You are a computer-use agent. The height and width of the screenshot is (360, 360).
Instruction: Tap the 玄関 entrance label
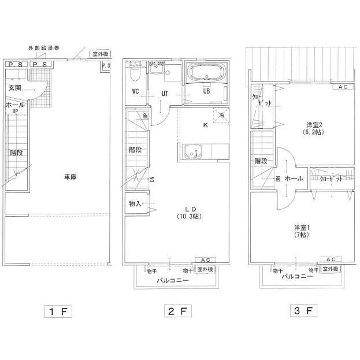pyautogui.click(x=15, y=87)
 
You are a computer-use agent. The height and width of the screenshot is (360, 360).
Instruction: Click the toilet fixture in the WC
pyautogui.click(x=135, y=73)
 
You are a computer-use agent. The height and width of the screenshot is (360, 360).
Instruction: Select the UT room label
pyautogui.click(x=165, y=94)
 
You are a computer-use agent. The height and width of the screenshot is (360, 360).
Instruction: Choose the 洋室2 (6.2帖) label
pyautogui.click(x=314, y=128)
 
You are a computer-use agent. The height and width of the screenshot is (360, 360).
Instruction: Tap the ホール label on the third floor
pyautogui.click(x=294, y=179)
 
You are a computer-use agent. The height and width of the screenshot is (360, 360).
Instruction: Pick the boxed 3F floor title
pyautogui.click(x=303, y=311)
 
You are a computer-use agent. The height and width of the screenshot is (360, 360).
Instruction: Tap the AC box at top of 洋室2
pyautogui.click(x=343, y=87)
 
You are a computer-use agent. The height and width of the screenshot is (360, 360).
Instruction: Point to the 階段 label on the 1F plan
pyautogui.click(x=16, y=153)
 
